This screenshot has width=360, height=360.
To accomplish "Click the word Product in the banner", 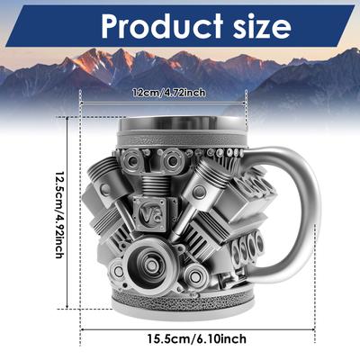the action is (162, 25).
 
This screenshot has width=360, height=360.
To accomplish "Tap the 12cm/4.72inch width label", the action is (169, 93).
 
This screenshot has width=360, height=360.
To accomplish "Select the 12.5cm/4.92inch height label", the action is (59, 215).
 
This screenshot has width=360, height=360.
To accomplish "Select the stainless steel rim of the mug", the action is (183, 124).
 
